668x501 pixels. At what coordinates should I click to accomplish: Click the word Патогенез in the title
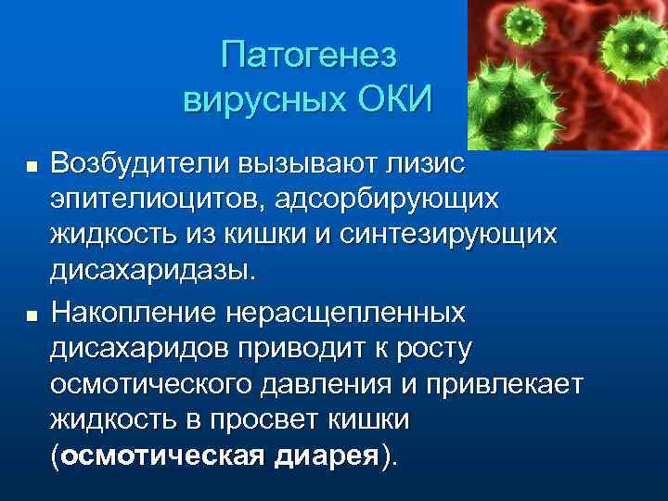point(308,56)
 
